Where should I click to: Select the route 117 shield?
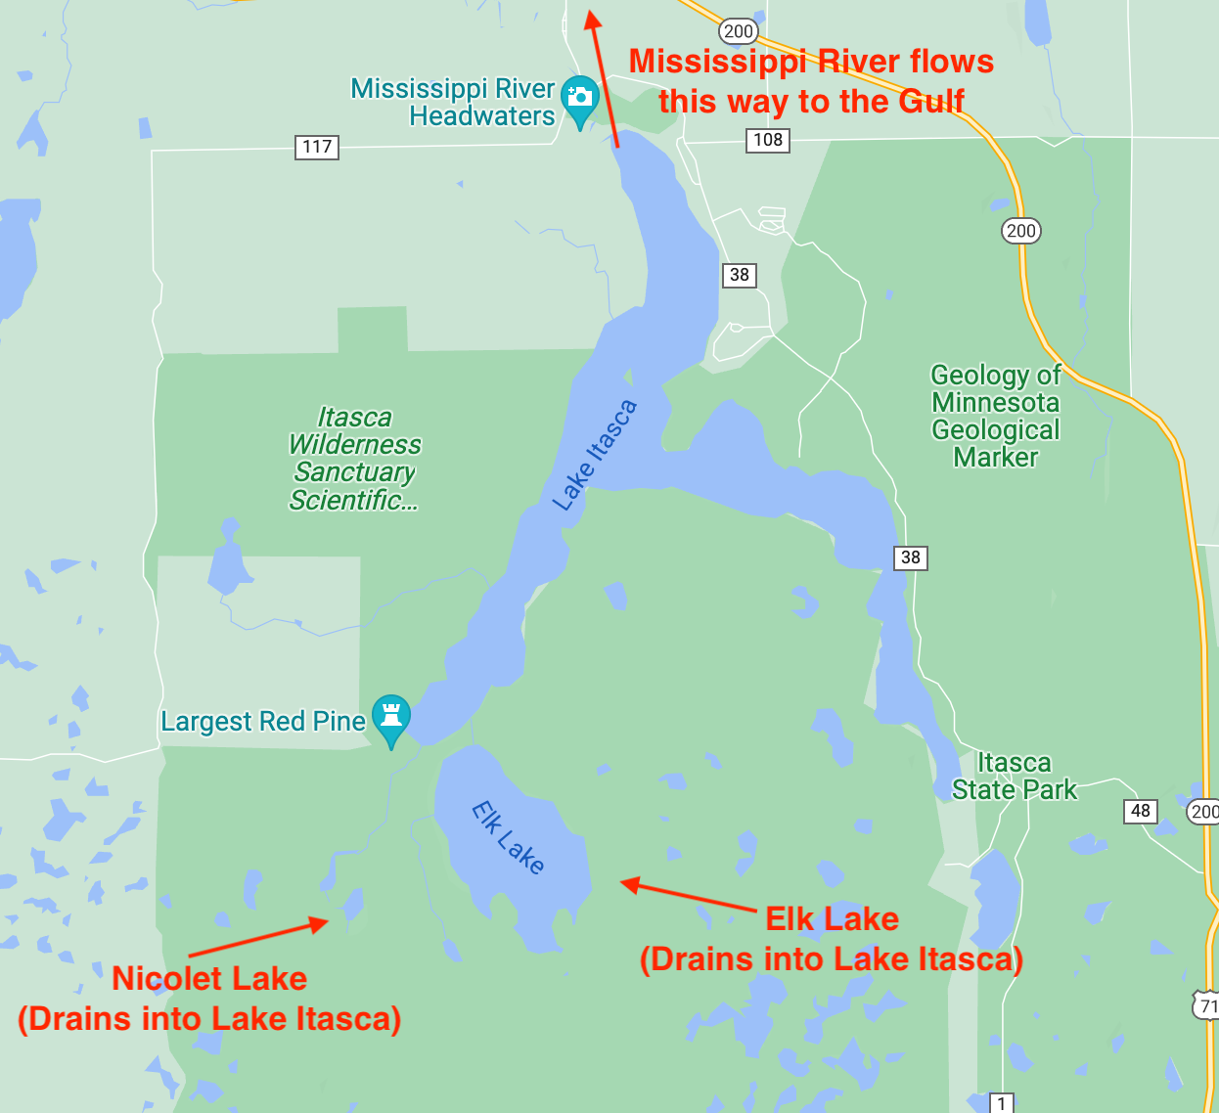[316, 147]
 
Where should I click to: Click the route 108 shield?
[768, 140]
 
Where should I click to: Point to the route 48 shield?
[1140, 811]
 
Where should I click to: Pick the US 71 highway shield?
[1207, 1005]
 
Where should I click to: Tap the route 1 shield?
[1001, 1103]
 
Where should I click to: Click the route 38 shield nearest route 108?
[740, 275]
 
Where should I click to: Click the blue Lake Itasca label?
[594, 455]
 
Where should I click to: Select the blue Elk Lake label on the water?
[508, 836]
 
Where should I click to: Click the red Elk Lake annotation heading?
[832, 919]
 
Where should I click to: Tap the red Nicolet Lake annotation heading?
[209, 978]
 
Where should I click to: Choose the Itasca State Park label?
[1015, 777]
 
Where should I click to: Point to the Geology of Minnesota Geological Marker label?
[996, 416]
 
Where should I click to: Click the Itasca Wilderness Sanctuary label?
[354, 458]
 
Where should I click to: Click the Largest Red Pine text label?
[262, 722]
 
